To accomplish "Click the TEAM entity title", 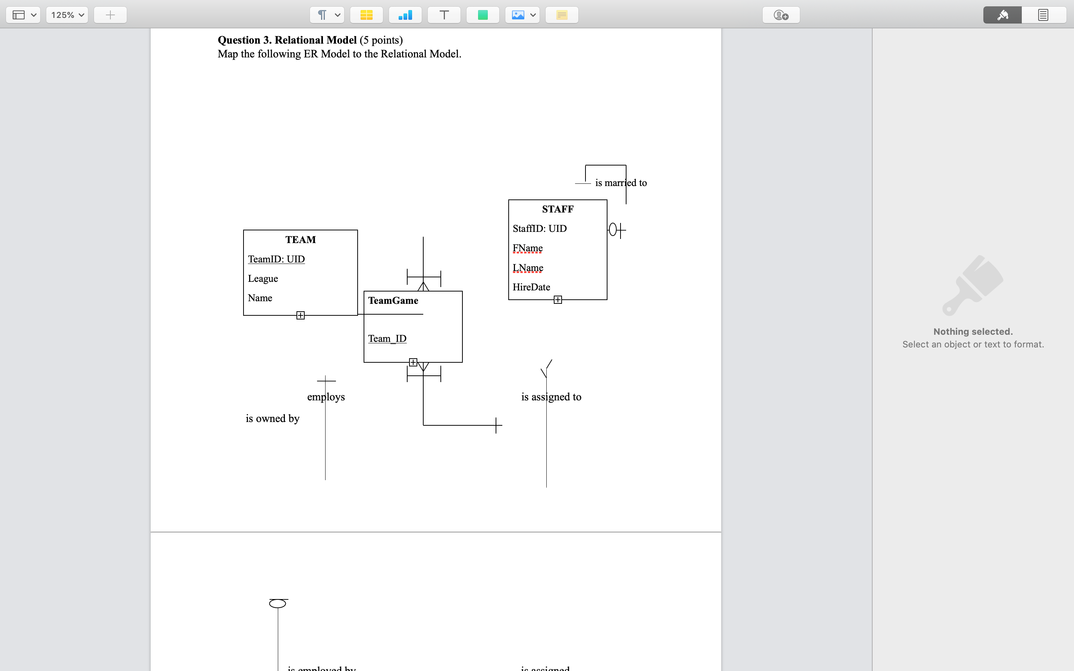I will tap(301, 240).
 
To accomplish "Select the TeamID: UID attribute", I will tap(276, 259).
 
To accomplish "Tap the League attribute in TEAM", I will tap(263, 279).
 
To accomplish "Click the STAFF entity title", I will tap(558, 209).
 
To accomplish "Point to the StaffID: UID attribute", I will tap(539, 229).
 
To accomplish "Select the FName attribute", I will tap(527, 248).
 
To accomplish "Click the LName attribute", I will tap(528, 268).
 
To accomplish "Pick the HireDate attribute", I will tap(531, 287).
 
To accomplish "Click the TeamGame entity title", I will tap(393, 301).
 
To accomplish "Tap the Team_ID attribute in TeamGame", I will tap(387, 338).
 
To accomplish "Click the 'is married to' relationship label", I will tap(621, 183).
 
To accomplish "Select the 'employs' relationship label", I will tap(326, 397).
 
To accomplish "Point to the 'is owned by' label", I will tap(273, 419).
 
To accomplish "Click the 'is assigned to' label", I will tap(551, 397).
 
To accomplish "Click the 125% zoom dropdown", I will tap(67, 15).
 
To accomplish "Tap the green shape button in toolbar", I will tap(483, 15).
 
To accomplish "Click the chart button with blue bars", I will tap(405, 15).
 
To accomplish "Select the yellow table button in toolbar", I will tap(366, 15).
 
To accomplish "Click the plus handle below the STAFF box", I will tap(558, 300).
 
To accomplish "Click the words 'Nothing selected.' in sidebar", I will tap(973, 331).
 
